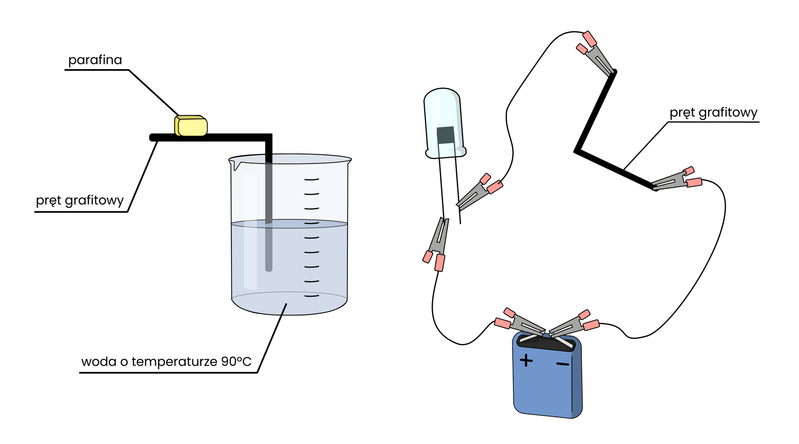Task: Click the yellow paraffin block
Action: click(191, 126)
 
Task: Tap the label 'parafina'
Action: click(95, 60)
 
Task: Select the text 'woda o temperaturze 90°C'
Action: click(166, 361)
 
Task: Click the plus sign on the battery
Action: click(526, 360)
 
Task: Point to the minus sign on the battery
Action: click(563, 365)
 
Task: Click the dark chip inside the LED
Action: click(445, 135)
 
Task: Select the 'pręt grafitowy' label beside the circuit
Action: click(713, 112)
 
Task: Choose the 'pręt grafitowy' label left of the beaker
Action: click(80, 200)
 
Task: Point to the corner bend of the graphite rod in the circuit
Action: click(577, 151)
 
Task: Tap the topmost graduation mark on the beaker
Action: click(312, 179)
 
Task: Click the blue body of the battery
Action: click(545, 387)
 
